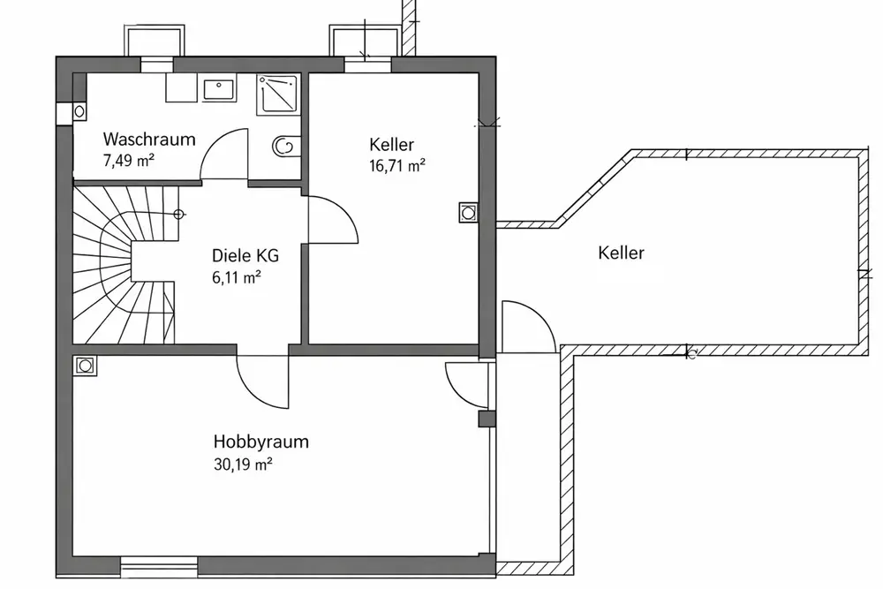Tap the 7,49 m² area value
click(x=129, y=160)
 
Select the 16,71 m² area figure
click(x=397, y=164)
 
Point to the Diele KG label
click(x=245, y=256)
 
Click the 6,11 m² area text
click(x=236, y=277)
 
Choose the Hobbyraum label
click(x=260, y=442)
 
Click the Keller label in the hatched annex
click(x=621, y=253)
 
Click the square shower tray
click(x=277, y=94)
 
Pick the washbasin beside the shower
click(x=218, y=88)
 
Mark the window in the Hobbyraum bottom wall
click(x=159, y=565)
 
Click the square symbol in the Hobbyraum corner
click(x=85, y=365)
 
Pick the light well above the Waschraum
click(x=156, y=41)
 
